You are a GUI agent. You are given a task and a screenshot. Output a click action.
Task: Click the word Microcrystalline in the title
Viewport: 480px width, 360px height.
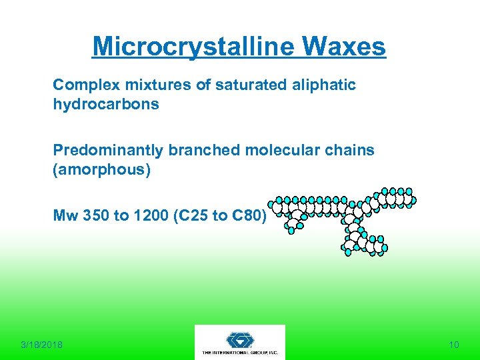194,47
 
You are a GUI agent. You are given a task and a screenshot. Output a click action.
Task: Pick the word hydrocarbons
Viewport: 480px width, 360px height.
106,105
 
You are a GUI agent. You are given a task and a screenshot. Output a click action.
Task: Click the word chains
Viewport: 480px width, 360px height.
351,151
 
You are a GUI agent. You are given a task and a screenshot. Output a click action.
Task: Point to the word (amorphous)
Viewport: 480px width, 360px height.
102,170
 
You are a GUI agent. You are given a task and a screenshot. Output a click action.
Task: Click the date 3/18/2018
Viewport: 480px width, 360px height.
42,345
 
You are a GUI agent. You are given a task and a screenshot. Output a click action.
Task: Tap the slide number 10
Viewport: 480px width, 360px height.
454,345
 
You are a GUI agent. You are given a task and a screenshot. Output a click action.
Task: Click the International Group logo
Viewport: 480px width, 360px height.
240,342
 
